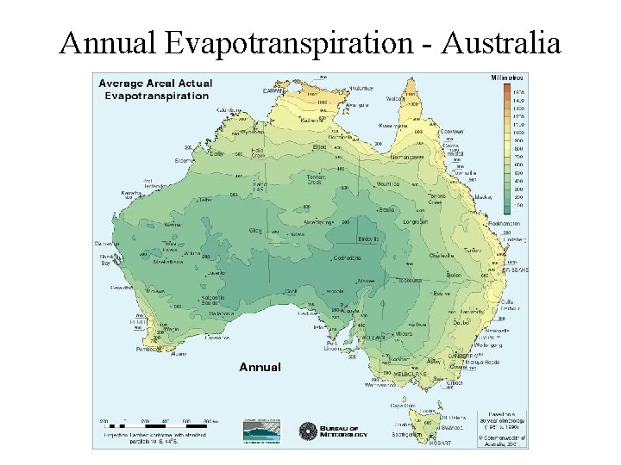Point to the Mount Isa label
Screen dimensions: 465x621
[x=388, y=184]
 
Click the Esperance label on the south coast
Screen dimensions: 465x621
[x=216, y=338]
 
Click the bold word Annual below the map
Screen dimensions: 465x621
[x=260, y=367]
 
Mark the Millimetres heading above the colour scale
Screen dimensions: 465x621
[x=507, y=77]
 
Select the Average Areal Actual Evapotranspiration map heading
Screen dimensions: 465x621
[x=155, y=89]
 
